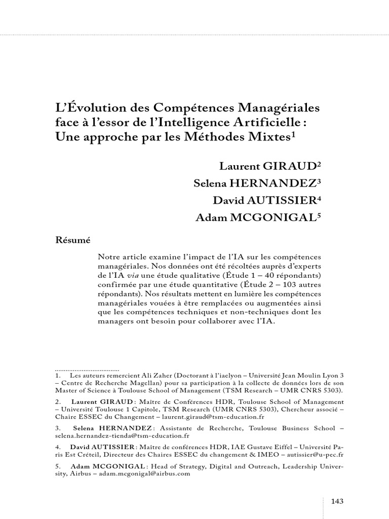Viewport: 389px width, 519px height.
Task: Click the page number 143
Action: (337, 501)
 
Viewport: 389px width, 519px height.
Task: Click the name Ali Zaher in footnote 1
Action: (146, 377)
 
